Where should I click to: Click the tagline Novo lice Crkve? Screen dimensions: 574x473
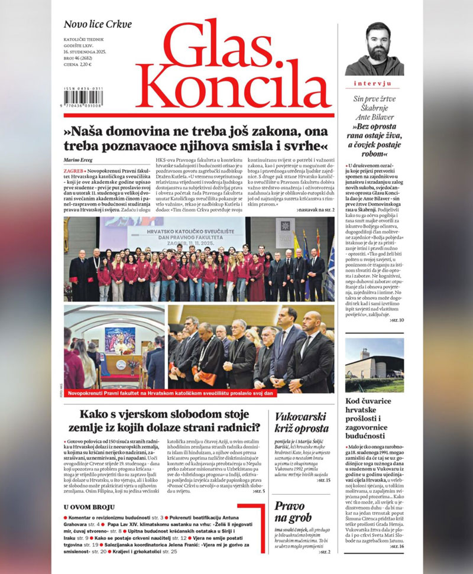pos(98,24)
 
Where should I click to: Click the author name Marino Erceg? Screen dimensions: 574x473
pos(80,161)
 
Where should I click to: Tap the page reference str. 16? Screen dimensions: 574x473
pos(396,546)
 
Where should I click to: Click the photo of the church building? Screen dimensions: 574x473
pos(374,365)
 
